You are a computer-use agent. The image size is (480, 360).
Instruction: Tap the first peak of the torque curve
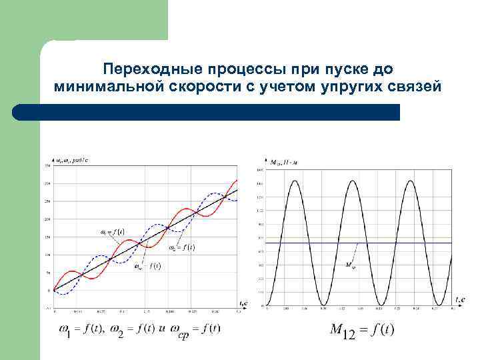(296, 180)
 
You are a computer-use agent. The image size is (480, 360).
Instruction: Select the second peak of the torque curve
(353, 180)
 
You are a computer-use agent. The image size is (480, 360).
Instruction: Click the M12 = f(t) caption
(361, 329)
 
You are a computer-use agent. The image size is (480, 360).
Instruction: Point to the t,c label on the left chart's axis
(243, 303)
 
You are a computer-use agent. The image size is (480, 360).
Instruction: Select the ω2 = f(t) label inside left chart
(181, 247)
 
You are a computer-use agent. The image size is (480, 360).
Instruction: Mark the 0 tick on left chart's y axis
(49, 290)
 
